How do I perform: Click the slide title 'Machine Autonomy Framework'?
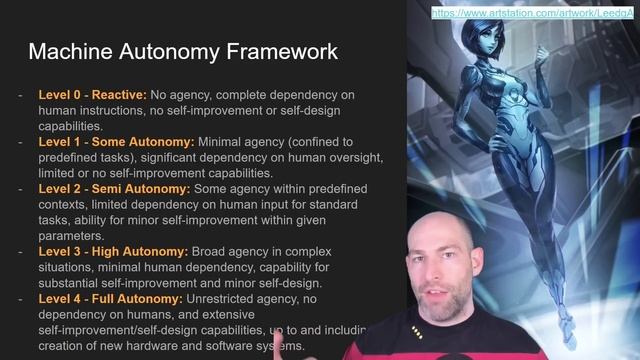point(183,51)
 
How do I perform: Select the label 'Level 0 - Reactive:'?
point(92,95)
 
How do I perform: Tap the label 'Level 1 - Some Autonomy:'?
point(116,142)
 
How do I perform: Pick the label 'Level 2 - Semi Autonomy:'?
point(114,189)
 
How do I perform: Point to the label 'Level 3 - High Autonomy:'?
point(113,252)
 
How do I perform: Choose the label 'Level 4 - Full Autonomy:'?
point(111,299)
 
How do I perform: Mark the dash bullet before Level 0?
point(20,95)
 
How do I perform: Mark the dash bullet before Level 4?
point(20,299)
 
